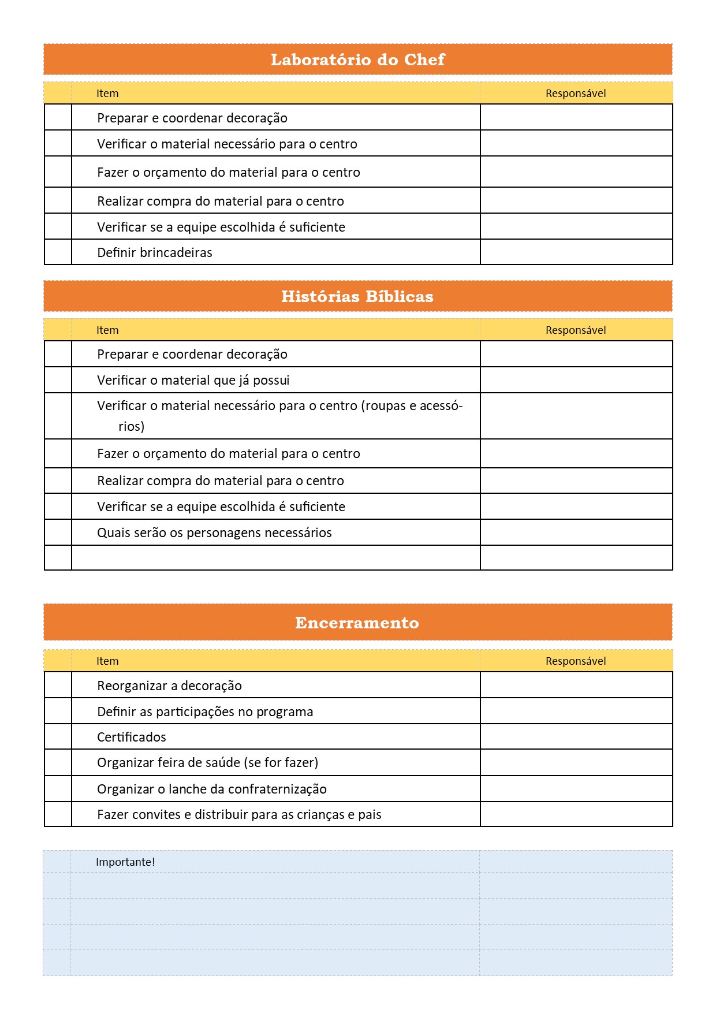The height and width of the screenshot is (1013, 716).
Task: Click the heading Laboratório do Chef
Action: coord(357,59)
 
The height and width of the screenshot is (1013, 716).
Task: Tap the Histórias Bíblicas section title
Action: coord(357,296)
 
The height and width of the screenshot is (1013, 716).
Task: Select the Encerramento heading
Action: coord(357,623)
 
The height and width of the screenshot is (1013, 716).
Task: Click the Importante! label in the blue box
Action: coord(125,862)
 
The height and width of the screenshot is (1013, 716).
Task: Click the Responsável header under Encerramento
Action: coord(576,661)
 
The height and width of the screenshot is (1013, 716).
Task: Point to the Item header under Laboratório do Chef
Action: coord(107,93)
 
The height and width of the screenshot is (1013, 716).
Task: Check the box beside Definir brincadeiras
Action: coord(58,252)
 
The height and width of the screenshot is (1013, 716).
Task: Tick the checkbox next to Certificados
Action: coord(58,737)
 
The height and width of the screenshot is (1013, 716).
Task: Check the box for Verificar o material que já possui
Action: coord(58,380)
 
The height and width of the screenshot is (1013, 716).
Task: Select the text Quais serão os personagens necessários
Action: coord(214,532)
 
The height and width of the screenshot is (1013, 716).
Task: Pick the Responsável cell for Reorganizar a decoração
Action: coord(576,686)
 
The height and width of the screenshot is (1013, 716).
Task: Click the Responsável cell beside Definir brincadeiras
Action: coord(576,252)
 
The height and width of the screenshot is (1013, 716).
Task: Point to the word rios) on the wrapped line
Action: coord(131,426)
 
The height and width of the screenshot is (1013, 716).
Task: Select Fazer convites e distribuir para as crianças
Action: coord(239,814)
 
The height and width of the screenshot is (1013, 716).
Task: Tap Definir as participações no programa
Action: coord(205,712)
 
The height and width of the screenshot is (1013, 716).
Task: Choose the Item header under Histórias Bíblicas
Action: coord(107,330)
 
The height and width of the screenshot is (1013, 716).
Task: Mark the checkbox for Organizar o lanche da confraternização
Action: coord(58,789)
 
